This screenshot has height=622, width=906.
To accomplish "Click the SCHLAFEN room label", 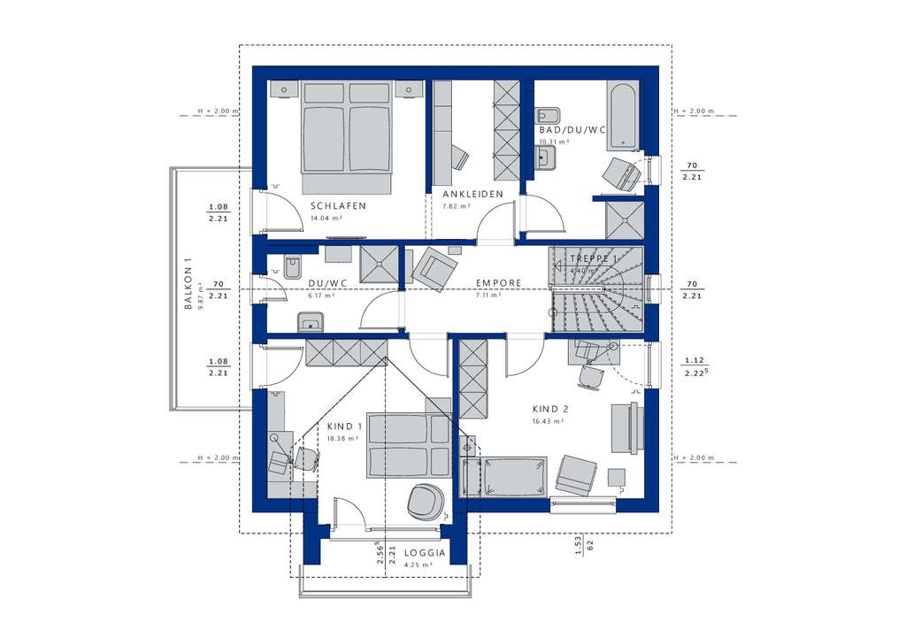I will point(338,205).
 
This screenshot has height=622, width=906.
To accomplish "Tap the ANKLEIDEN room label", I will point(473,194).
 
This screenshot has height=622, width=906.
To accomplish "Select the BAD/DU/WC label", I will point(572,129).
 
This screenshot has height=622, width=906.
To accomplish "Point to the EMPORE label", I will point(498,284).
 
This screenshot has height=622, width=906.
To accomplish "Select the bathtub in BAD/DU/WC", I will point(623,113).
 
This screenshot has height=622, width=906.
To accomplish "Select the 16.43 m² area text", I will point(549,422).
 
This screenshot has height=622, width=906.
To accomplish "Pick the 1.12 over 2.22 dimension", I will point(695,367).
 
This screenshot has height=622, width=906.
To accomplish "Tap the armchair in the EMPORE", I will point(437,266).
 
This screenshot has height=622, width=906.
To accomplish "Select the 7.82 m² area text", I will point(457,206).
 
